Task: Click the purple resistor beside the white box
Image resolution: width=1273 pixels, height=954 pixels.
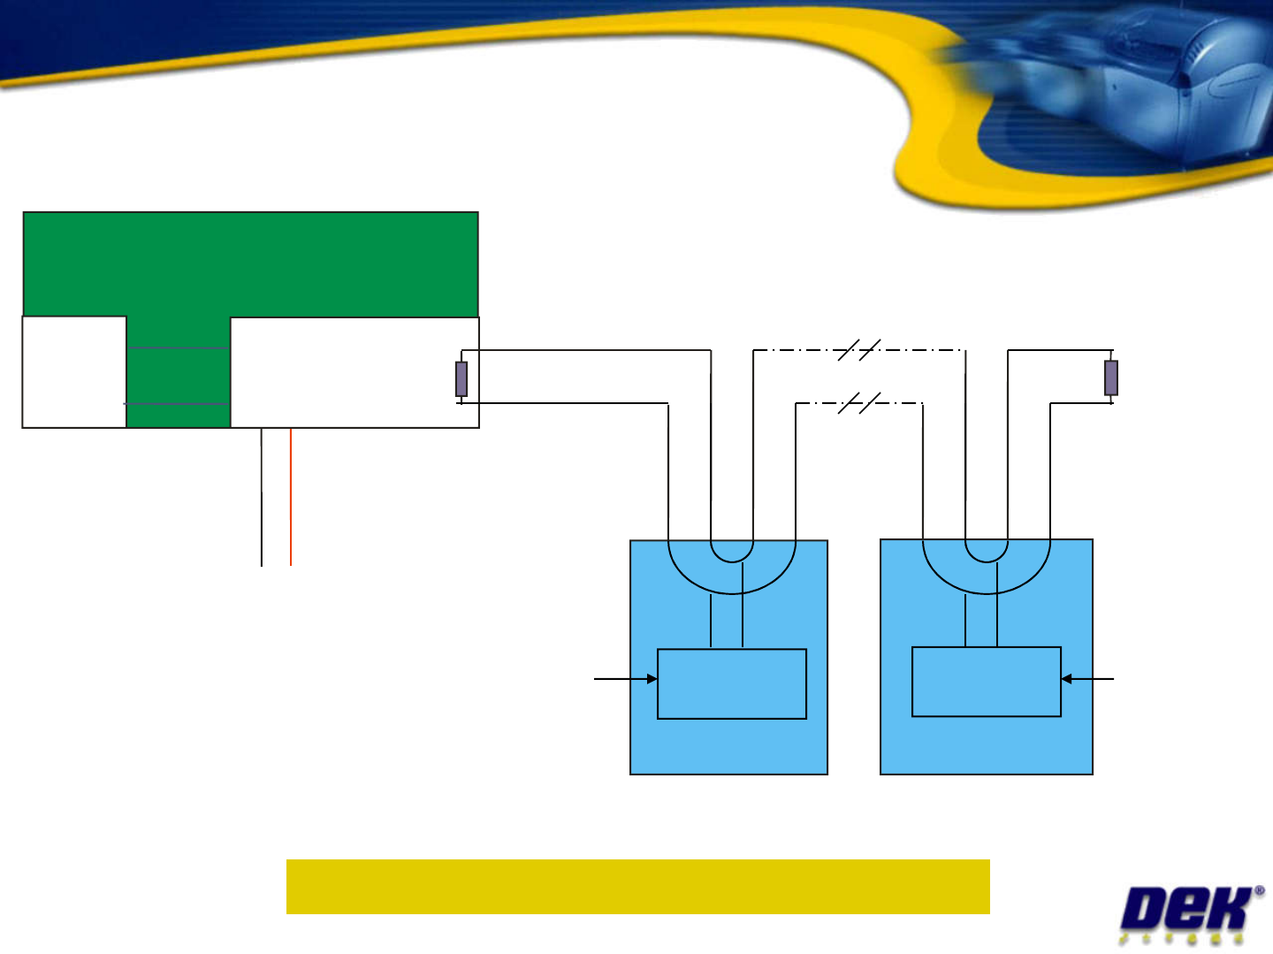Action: pyautogui.click(x=461, y=378)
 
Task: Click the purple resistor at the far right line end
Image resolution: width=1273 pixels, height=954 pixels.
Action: pyautogui.click(x=1111, y=378)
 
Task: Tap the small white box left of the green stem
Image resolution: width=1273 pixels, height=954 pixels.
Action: pyautogui.click(x=74, y=372)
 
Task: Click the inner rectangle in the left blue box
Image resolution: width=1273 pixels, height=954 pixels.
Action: pyautogui.click(x=732, y=683)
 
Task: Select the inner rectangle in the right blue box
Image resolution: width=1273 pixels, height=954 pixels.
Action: pyautogui.click(x=987, y=682)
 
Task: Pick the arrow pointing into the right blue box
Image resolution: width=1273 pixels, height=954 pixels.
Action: pyautogui.click(x=1087, y=679)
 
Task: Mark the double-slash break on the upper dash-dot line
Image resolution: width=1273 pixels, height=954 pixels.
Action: pyautogui.click(x=858, y=350)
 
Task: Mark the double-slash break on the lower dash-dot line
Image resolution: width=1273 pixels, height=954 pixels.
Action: pyautogui.click(x=858, y=403)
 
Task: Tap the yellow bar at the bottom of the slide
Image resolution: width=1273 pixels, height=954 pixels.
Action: pyautogui.click(x=637, y=886)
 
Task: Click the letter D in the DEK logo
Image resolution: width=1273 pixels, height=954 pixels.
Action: pyautogui.click(x=1147, y=910)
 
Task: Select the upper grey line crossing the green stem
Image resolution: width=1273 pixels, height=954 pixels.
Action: pyautogui.click(x=178, y=347)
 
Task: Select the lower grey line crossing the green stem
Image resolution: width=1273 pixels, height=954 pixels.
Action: pyautogui.click(x=178, y=403)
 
